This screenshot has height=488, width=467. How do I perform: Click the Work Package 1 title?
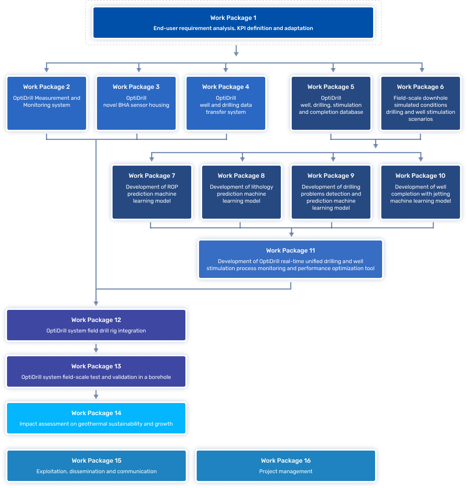tap(233, 18)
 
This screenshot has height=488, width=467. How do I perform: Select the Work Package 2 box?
tap(47, 103)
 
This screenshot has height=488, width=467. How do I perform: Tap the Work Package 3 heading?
tap(136, 87)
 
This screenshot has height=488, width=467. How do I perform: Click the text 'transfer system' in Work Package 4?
tap(226, 112)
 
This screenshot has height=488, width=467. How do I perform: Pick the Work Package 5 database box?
tap(331, 103)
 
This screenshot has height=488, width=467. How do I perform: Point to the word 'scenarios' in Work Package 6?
tap(420, 119)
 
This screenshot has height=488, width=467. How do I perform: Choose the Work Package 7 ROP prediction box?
tap(152, 192)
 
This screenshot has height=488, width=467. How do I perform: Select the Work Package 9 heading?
tap(331, 176)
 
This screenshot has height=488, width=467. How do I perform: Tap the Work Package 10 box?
tap(420, 192)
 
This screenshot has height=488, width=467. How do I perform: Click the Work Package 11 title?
tap(291, 251)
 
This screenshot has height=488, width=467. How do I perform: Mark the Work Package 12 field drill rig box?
tap(96, 325)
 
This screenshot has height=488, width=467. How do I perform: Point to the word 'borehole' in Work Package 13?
tap(160, 377)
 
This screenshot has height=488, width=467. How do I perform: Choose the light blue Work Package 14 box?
tap(96, 418)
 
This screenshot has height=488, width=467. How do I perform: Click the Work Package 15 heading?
tap(97, 461)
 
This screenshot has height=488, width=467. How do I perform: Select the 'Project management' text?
tap(286, 472)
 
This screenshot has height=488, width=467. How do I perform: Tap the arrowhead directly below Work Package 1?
tap(236, 54)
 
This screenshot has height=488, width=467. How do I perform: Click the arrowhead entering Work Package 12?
tap(96, 303)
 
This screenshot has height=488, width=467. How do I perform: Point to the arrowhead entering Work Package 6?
tap(422, 69)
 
